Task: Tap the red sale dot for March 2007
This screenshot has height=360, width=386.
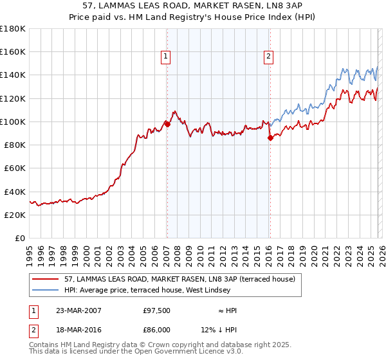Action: point(167,124)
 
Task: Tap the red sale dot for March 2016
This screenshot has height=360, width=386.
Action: point(270,138)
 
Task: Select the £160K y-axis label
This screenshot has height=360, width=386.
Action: point(13,52)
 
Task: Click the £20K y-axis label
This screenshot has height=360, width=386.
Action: point(15,215)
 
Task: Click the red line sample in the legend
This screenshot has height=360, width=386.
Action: point(46,279)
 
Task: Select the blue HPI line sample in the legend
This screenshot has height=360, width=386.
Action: point(46,290)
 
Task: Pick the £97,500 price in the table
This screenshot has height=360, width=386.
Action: point(156,310)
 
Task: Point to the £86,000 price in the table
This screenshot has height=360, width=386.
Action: point(156,328)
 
